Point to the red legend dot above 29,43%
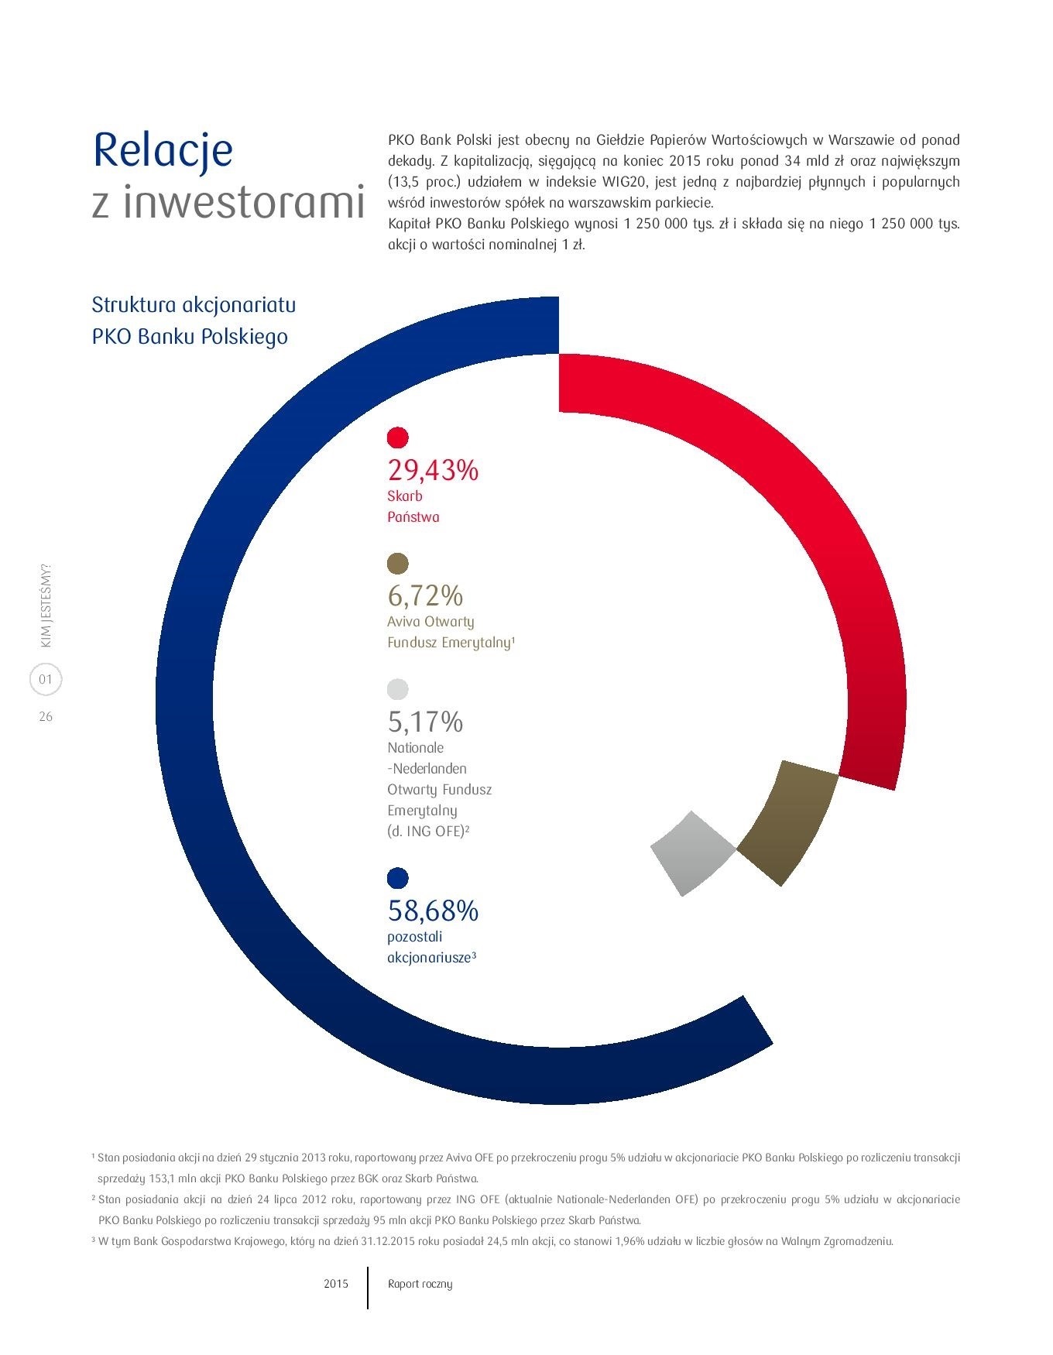tap(397, 437)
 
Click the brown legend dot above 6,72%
tap(397, 564)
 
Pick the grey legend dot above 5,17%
tap(397, 689)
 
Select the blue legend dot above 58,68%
tap(397, 878)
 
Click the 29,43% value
tap(433, 470)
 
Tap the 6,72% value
tap(425, 596)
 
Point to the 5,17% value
tap(425, 722)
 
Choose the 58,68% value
tap(433, 911)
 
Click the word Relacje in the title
tap(163, 151)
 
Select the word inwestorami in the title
tap(243, 202)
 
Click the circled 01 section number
tap(46, 680)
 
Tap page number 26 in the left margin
tap(46, 717)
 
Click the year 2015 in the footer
tap(336, 1284)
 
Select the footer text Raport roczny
tap(420, 1285)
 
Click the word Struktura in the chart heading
tap(134, 304)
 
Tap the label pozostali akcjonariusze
tap(431, 947)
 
